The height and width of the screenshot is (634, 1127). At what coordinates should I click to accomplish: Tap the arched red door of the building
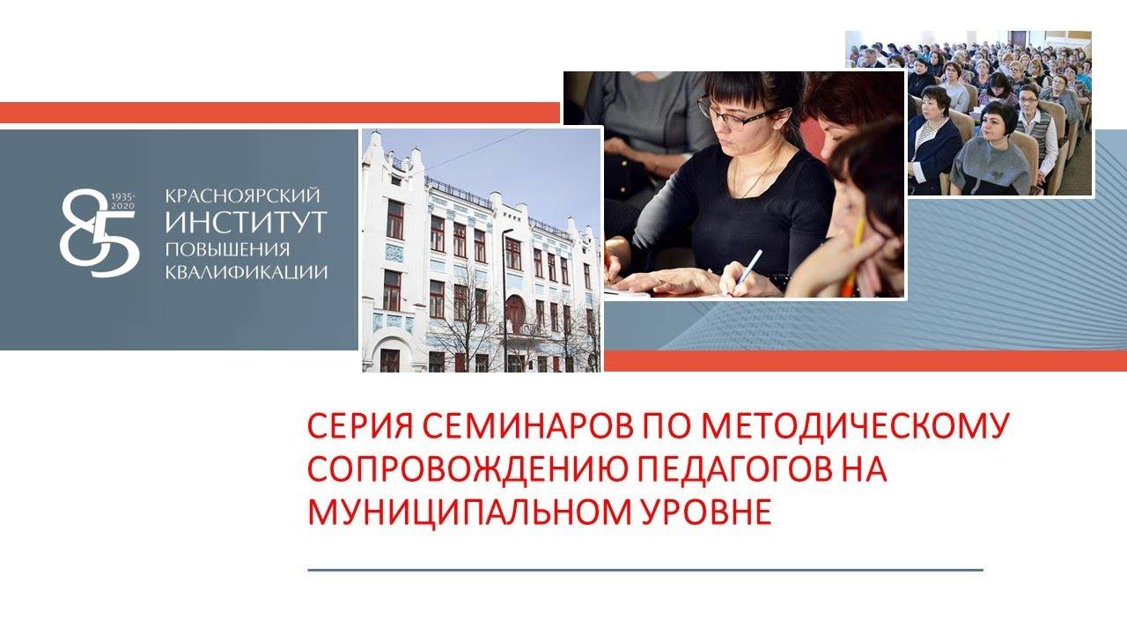tap(515, 315)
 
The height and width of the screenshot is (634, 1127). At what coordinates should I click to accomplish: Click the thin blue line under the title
tap(645, 570)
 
